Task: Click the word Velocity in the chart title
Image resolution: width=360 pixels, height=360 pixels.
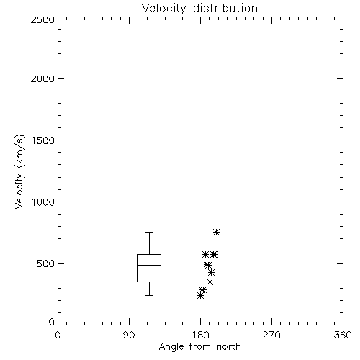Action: click(x=163, y=9)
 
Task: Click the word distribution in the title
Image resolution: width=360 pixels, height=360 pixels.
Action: click(x=225, y=9)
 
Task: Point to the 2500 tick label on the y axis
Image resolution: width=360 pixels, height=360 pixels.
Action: click(x=42, y=19)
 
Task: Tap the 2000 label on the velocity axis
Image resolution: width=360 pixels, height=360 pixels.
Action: click(x=42, y=78)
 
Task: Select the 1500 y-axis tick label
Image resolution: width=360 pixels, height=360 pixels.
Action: click(x=43, y=140)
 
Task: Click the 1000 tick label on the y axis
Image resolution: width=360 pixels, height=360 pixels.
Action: click(x=43, y=202)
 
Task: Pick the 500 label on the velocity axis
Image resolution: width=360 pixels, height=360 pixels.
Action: click(x=46, y=264)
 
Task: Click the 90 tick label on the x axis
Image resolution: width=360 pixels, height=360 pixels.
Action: click(x=129, y=335)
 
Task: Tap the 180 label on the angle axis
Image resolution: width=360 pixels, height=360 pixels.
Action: click(x=200, y=335)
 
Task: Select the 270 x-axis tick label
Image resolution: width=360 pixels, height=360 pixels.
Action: click(x=271, y=335)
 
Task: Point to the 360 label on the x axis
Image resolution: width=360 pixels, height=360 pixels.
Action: click(x=343, y=335)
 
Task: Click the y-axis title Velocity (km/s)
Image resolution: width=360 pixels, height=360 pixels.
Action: click(x=19, y=171)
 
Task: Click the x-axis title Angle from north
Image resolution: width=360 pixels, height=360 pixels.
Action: click(x=200, y=347)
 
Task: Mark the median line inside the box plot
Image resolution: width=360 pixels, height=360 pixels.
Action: click(x=149, y=265)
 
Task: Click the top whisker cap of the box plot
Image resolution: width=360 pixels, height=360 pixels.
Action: click(x=149, y=232)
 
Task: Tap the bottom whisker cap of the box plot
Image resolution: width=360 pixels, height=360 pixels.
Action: click(x=149, y=295)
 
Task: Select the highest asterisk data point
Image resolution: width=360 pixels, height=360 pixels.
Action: click(x=217, y=232)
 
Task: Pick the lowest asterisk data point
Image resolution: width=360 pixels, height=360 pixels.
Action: click(x=201, y=296)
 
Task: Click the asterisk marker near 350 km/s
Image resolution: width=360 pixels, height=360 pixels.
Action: click(x=210, y=282)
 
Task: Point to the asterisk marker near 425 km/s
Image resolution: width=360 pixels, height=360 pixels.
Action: click(x=211, y=272)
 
